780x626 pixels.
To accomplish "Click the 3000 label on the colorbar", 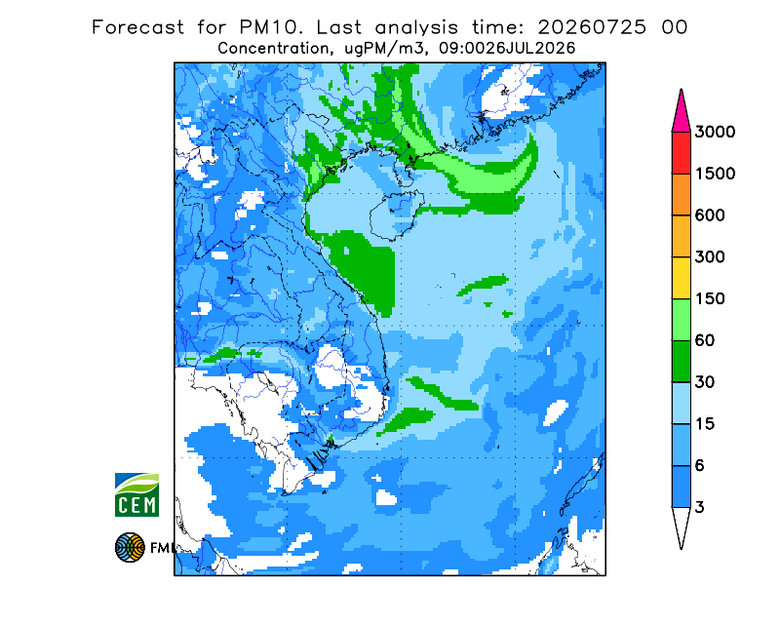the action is point(715,132).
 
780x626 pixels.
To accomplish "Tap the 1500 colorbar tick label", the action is point(715,174).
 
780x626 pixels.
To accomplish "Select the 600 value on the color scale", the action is point(710,215).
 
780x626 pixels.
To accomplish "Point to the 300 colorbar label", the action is point(710,257).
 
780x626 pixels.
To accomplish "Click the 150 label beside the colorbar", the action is point(710,299).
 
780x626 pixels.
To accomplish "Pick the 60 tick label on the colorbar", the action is point(705,341).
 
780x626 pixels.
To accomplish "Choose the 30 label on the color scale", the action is point(705,382).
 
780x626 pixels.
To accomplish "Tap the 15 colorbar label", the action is point(705,424).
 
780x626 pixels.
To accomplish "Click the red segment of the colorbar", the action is point(681,153).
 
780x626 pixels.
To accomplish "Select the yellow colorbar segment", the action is point(681,278).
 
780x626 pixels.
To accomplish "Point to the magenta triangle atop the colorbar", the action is point(681,115).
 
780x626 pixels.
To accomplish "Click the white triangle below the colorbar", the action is point(681,524).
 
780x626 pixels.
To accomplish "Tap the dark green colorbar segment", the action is point(681,362).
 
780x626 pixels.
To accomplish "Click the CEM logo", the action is point(136,494).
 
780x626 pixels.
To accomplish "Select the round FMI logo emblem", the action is point(130,547).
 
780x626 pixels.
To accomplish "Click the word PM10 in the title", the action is point(271,27).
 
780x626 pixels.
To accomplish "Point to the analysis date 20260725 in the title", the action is point(592,27).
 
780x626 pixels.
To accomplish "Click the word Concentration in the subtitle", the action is point(273,49).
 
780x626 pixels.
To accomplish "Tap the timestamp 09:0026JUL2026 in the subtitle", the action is point(507,49).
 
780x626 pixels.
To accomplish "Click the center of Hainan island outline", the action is point(397,215).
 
